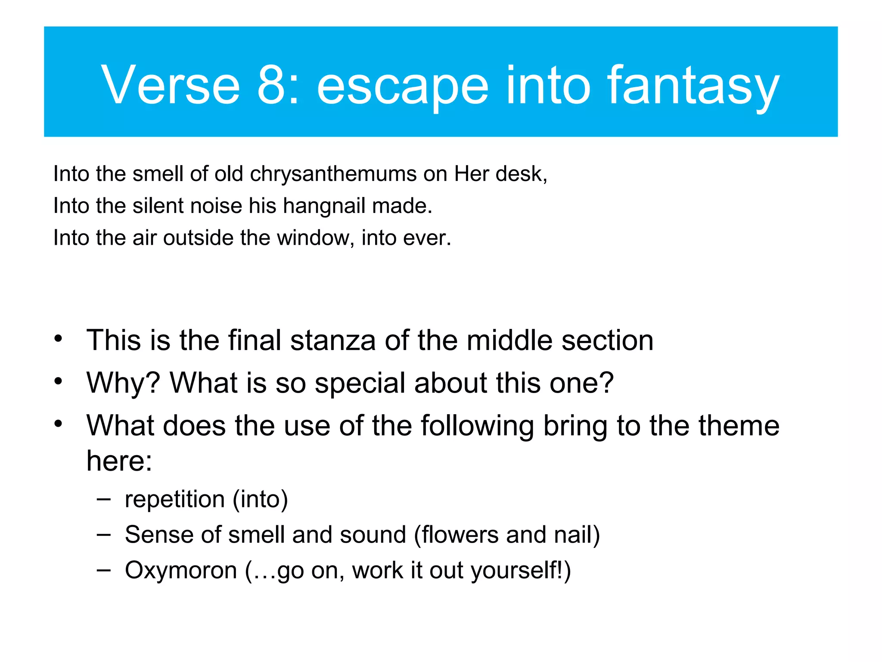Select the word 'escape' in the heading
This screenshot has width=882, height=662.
click(402, 88)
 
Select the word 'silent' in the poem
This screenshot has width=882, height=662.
click(158, 206)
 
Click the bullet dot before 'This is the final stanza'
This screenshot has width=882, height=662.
click(59, 339)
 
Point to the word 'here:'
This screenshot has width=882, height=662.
click(119, 461)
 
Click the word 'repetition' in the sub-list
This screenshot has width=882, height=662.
click(175, 500)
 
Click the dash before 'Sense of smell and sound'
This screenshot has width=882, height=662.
click(103, 534)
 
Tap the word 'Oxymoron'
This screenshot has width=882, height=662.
click(181, 570)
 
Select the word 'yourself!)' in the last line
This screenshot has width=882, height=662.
click(521, 571)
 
